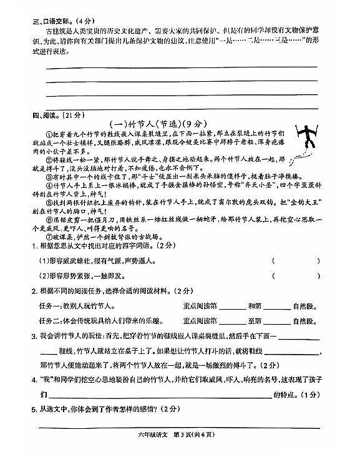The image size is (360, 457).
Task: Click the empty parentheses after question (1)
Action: coord(296,260)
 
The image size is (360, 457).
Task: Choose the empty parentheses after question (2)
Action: coord(296,275)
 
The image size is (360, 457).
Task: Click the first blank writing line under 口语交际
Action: coord(181,66)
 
